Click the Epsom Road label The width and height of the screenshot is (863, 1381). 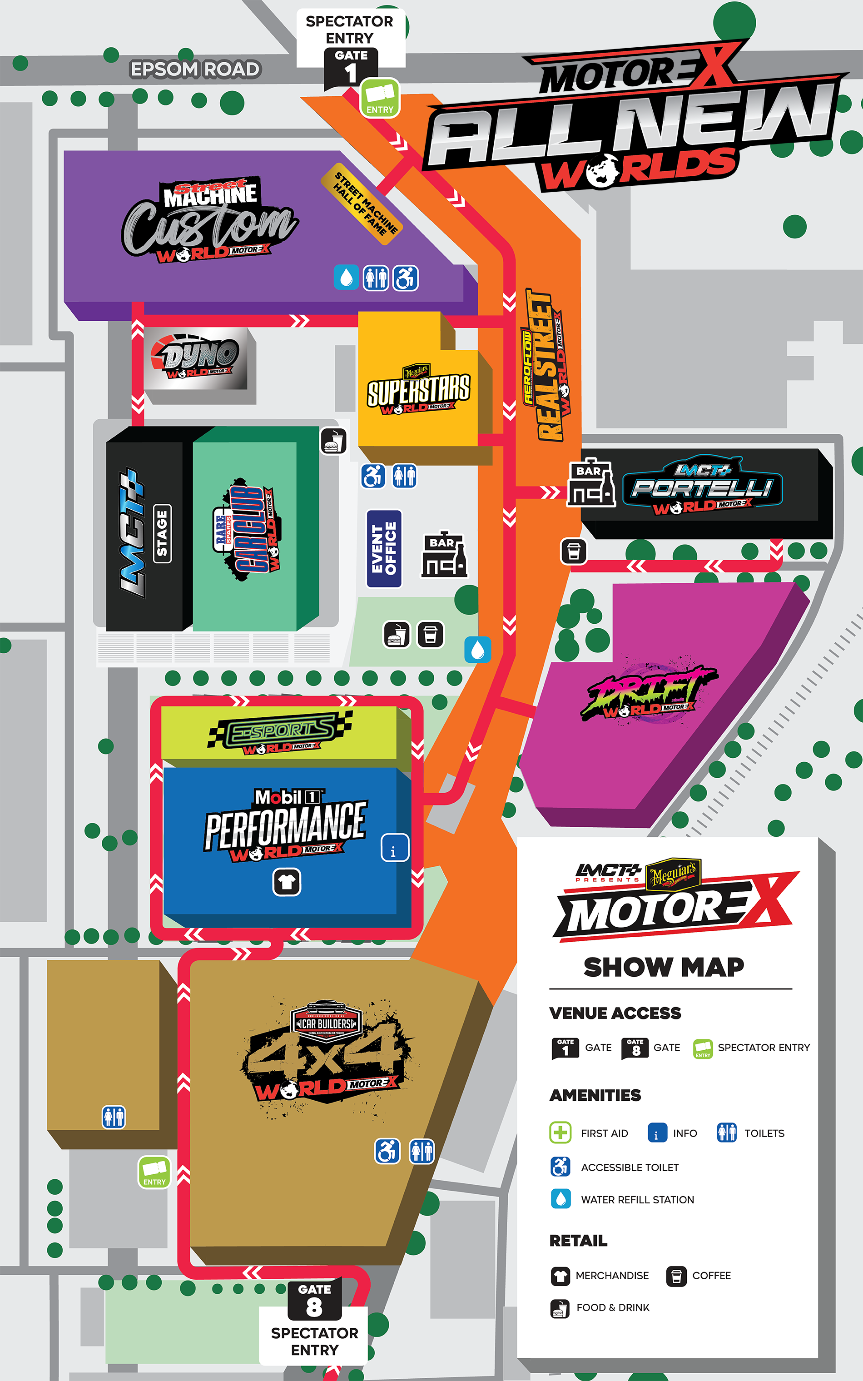coord(195,70)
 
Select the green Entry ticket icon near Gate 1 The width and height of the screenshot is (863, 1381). coord(380,98)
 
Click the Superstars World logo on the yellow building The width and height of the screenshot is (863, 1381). coord(418,390)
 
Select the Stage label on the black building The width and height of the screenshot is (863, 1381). coord(162,534)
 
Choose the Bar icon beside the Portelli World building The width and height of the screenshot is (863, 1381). coord(591,485)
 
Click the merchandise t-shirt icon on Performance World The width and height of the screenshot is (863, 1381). coord(287,882)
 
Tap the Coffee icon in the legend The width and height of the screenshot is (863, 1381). coord(676,1276)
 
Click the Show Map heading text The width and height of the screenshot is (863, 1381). coord(663,967)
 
